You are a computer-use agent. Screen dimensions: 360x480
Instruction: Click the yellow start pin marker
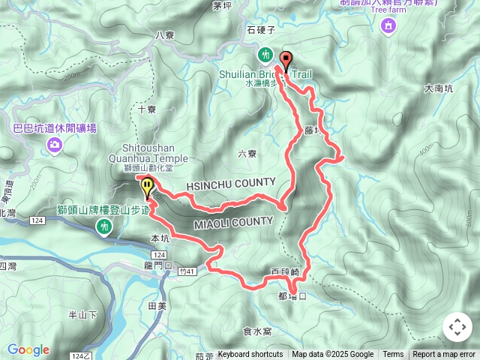pos(147,187)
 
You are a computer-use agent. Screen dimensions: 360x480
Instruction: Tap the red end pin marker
pos(285,60)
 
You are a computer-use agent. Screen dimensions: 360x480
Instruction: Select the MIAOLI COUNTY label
pos(233,222)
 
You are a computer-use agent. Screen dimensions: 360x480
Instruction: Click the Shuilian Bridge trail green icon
pos(266,55)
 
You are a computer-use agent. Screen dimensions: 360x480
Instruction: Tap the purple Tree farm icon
pos(388,28)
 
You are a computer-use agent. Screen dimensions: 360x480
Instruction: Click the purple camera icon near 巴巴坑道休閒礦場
pos(54,144)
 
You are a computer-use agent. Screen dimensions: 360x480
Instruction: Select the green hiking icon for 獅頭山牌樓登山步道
pos(106,226)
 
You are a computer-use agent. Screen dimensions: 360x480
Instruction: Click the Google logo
pos(28,349)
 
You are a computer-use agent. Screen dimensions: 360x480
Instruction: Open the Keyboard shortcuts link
pos(250,355)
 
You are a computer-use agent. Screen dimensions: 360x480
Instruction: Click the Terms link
pos(393,355)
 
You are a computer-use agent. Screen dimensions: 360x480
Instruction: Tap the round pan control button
pos(457,327)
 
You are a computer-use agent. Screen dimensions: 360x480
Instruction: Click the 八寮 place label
pos(164,34)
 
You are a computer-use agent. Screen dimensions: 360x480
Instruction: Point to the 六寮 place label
pos(247,154)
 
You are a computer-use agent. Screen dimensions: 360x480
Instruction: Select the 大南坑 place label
pos(438,88)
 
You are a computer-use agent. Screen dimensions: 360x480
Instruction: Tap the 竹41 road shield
pos(188,271)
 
